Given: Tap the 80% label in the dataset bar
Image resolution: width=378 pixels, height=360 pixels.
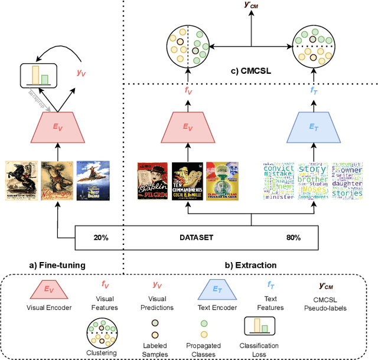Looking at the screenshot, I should [x=294, y=237].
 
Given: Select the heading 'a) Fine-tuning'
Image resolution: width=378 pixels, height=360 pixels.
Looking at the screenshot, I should [x=58, y=266].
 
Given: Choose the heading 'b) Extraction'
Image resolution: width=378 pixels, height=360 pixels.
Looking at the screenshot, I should [x=250, y=266].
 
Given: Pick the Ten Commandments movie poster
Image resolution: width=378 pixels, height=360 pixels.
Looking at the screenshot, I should [x=187, y=181].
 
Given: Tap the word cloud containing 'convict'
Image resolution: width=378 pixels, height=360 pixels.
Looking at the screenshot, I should [x=278, y=181].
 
